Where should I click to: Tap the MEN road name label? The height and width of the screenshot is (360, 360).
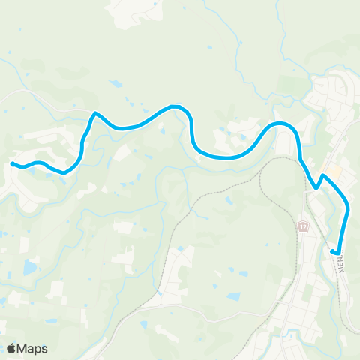tap(341, 263)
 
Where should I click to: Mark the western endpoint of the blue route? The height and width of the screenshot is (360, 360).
tap(12, 163)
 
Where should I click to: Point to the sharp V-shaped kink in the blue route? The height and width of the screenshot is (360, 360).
tap(317, 188)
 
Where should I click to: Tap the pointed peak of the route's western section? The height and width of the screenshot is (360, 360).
tap(94, 114)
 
